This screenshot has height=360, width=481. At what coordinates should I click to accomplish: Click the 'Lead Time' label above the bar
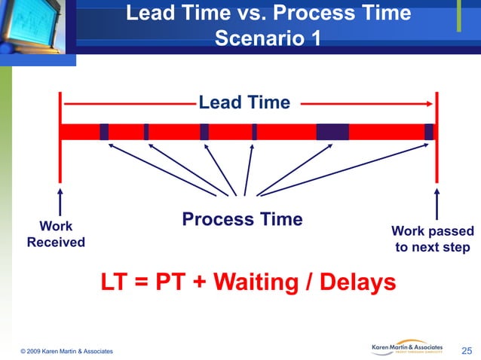(x=244, y=102)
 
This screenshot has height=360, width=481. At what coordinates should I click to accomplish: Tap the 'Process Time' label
(x=242, y=219)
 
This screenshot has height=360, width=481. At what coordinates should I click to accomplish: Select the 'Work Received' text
(x=56, y=234)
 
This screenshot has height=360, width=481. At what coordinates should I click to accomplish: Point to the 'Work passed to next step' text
(x=433, y=239)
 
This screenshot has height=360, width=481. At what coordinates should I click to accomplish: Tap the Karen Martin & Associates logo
(x=409, y=347)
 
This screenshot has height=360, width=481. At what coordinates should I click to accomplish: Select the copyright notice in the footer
(x=67, y=351)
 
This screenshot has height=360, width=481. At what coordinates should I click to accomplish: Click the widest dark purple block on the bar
(x=332, y=132)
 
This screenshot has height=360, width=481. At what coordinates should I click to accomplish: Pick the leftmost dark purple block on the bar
(x=104, y=132)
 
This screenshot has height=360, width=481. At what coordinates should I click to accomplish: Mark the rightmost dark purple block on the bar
(x=428, y=132)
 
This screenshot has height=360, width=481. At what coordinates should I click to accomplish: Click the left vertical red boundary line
(x=60, y=136)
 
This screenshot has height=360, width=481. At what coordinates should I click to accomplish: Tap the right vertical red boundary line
(x=436, y=136)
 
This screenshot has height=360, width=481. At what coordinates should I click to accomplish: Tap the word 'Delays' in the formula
(x=358, y=283)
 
